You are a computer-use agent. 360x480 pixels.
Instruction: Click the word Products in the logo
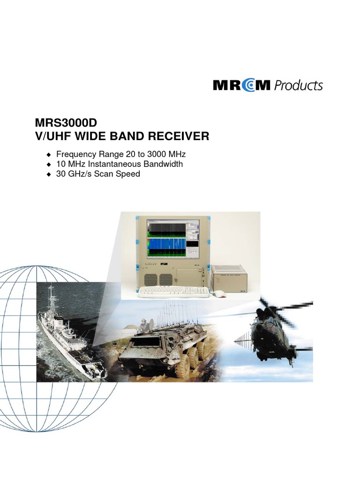coord(298,86)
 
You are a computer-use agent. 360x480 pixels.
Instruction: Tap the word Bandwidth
coord(163,164)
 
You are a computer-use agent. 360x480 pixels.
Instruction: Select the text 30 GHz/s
coord(75,174)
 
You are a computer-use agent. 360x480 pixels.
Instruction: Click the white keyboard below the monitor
coord(174,292)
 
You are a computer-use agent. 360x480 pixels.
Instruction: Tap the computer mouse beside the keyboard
coord(219,294)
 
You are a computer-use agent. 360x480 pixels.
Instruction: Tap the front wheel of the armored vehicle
coord(182,367)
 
